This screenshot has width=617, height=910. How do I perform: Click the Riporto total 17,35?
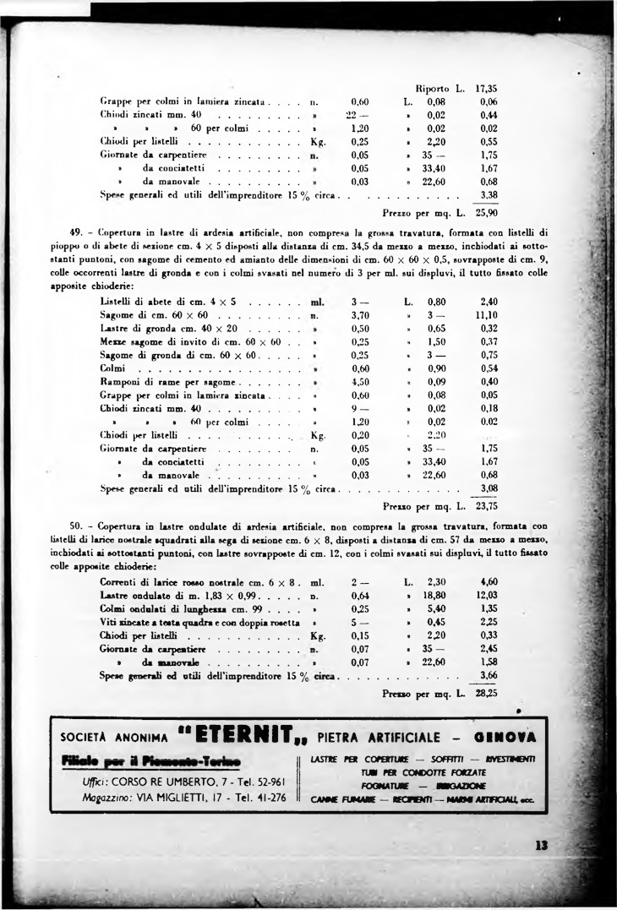[x=486, y=86]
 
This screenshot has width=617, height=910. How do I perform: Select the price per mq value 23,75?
[x=485, y=508]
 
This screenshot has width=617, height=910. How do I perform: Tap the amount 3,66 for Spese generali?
[x=488, y=675]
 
